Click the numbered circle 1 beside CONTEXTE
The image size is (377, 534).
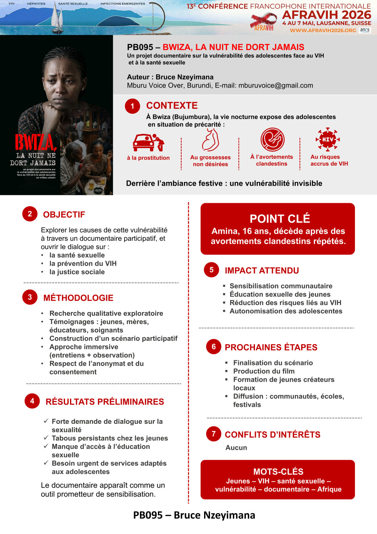click(x=132, y=107)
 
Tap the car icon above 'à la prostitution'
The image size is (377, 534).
click(x=148, y=142)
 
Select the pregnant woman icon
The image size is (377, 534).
click(x=210, y=140)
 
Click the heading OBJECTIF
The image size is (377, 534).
click(x=64, y=214)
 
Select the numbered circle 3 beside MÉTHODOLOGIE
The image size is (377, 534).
click(x=30, y=297)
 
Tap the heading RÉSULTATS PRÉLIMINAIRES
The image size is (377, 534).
click(x=105, y=402)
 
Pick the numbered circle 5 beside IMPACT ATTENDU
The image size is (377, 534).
click(x=212, y=270)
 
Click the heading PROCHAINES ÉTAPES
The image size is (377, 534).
click(x=271, y=347)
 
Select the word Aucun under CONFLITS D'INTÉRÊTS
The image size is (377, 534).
click(x=236, y=448)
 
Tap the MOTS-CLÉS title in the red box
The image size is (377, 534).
click(x=278, y=472)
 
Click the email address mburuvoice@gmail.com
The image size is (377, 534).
click(x=276, y=86)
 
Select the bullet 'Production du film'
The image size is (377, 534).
click(x=264, y=371)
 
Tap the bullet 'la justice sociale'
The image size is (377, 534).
click(x=77, y=272)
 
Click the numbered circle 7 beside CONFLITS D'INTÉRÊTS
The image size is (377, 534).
click(x=213, y=434)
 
